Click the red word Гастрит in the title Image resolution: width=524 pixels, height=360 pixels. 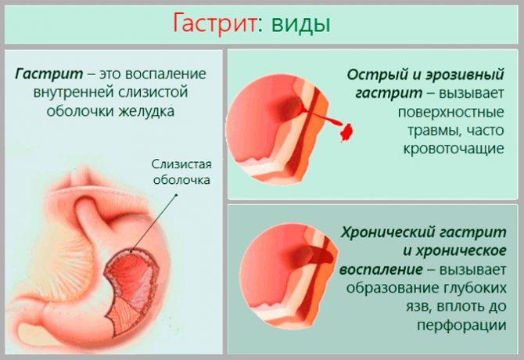(x=214, y=23)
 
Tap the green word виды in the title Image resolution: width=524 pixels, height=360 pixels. (x=300, y=25)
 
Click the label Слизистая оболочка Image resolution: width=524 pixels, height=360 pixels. (x=181, y=172)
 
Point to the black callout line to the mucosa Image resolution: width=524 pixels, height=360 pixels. (x=154, y=222)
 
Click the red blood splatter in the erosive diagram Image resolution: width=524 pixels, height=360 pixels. (x=346, y=132)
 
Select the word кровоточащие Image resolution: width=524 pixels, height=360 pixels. (x=454, y=148)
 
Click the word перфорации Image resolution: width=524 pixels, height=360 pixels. (x=461, y=326)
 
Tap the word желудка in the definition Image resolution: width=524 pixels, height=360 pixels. (x=147, y=111)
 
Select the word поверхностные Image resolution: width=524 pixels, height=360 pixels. (x=450, y=112)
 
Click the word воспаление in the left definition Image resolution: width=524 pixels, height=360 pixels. (x=166, y=74)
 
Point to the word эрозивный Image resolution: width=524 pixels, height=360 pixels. (x=465, y=74)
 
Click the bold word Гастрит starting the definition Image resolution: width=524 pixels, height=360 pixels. (x=48, y=74)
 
